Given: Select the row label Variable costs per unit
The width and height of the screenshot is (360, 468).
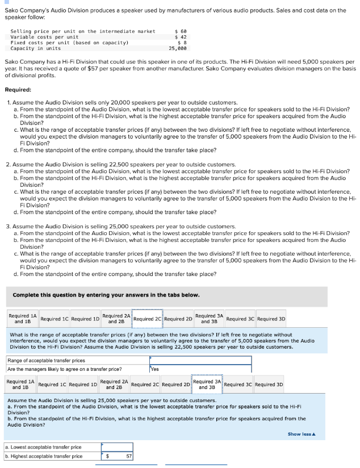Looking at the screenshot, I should click(45, 37).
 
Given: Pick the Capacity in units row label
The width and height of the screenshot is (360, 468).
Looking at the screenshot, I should click(36, 48).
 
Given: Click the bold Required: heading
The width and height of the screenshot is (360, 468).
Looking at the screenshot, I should click(19, 90).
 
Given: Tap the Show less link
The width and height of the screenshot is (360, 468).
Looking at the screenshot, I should click(302, 434).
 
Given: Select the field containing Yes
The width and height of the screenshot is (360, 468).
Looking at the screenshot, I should click(200, 369).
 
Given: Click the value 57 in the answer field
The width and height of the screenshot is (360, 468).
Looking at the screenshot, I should click(129, 456).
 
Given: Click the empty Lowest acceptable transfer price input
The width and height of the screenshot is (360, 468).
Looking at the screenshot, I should click(117, 447).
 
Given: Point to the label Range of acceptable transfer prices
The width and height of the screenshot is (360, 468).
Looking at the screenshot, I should click(46, 360).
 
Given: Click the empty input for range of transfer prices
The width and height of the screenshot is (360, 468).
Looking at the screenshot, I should click(200, 360).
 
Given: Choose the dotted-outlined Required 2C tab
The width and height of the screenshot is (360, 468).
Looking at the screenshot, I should click(148, 319).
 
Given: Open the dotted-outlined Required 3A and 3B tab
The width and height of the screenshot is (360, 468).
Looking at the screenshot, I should click(207, 385).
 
